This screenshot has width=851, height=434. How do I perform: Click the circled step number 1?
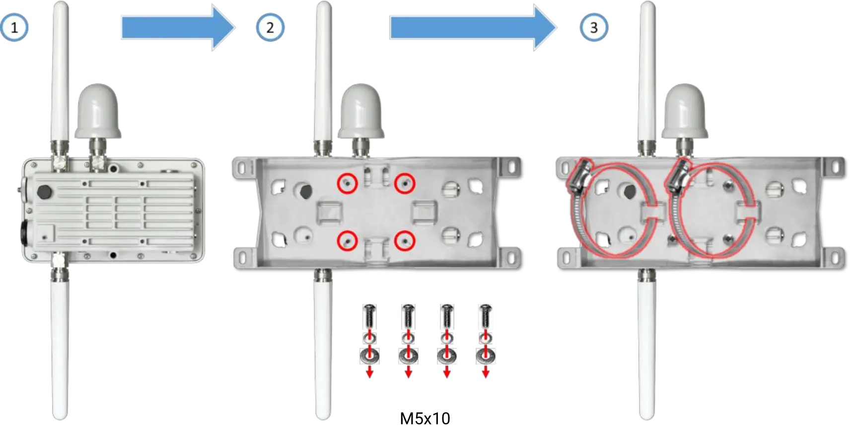click(14, 27)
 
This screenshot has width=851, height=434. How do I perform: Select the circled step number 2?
click(270, 27)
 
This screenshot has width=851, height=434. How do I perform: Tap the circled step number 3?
click(594, 27)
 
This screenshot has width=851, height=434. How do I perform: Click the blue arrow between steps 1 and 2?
click(178, 27)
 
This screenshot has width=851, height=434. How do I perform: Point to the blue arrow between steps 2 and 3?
click(473, 27)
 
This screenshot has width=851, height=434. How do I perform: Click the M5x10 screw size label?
click(425, 419)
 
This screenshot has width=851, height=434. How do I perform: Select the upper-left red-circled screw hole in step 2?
click(347, 184)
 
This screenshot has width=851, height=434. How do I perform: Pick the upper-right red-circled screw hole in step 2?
click(405, 184)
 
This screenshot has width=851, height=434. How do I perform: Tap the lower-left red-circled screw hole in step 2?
click(347, 241)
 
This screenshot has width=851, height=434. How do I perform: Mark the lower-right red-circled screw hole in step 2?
click(405, 241)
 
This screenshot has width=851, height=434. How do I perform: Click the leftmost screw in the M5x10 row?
click(369, 316)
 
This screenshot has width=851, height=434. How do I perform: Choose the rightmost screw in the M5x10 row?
click(486, 316)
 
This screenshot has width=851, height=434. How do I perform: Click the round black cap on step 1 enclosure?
click(45, 192)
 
